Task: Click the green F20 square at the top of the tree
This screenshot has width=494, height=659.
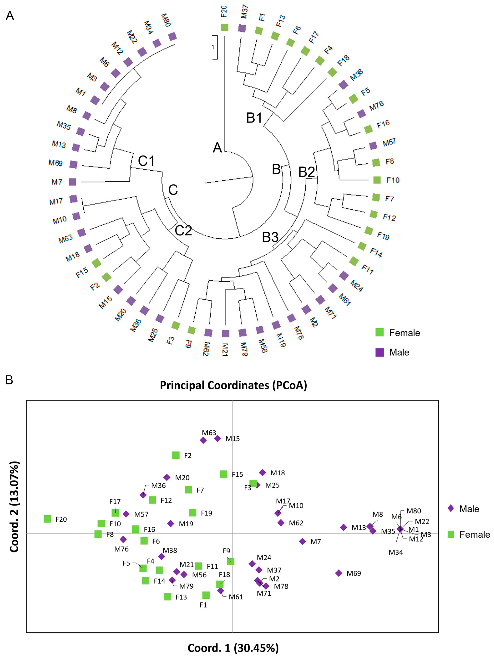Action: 224,27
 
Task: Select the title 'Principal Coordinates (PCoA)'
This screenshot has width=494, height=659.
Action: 233,385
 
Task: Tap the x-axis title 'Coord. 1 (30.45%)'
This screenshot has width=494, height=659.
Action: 233,648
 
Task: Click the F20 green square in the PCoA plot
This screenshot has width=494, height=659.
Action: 47,519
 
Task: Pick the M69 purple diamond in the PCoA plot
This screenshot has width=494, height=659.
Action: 338,573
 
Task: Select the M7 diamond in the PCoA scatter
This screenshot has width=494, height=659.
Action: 302,541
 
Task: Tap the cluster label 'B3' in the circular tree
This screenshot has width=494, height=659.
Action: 270,237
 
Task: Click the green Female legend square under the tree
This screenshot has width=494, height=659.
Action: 380,333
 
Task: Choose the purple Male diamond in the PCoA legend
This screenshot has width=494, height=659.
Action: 451,509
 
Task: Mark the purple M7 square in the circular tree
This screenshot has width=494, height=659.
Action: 72,182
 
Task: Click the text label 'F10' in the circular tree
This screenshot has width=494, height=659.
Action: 393,180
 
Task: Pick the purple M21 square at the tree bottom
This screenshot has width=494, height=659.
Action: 226,333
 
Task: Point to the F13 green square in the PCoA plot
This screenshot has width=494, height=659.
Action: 167,596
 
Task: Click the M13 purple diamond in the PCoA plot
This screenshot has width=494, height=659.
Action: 343,527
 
